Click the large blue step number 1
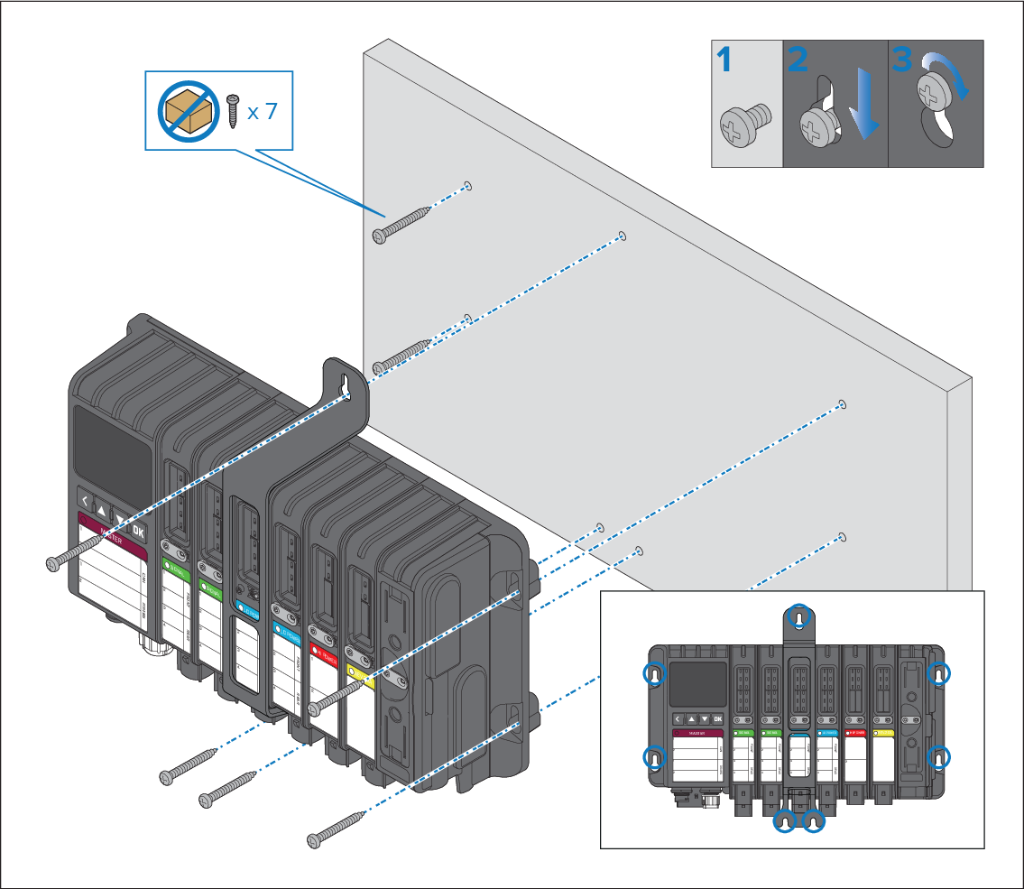coord(724,61)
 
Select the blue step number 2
coord(798,61)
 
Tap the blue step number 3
coord(901,61)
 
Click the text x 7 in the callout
coord(263,112)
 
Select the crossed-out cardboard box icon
coord(188,111)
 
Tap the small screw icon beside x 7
coord(233,110)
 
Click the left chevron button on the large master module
coord(86,501)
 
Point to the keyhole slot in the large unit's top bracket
coord(346,383)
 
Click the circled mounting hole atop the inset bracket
coord(798,617)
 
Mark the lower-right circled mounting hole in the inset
coord(939,756)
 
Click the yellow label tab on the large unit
coord(355,671)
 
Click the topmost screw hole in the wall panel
coord(468,187)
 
